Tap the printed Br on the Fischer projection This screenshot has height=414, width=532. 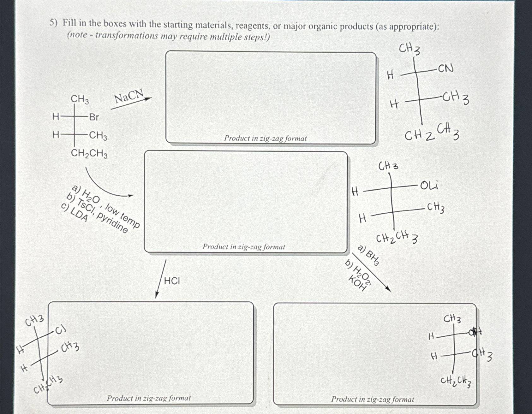click(x=94, y=117)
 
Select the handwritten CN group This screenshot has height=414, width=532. click(x=445, y=68)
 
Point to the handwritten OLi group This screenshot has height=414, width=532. click(x=429, y=186)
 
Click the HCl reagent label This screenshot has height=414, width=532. click(x=172, y=281)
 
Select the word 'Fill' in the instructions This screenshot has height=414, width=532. click(x=70, y=23)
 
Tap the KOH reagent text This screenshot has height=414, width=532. click(x=357, y=283)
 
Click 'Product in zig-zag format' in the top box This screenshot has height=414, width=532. click(x=265, y=138)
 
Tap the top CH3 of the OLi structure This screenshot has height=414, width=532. click(x=388, y=166)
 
